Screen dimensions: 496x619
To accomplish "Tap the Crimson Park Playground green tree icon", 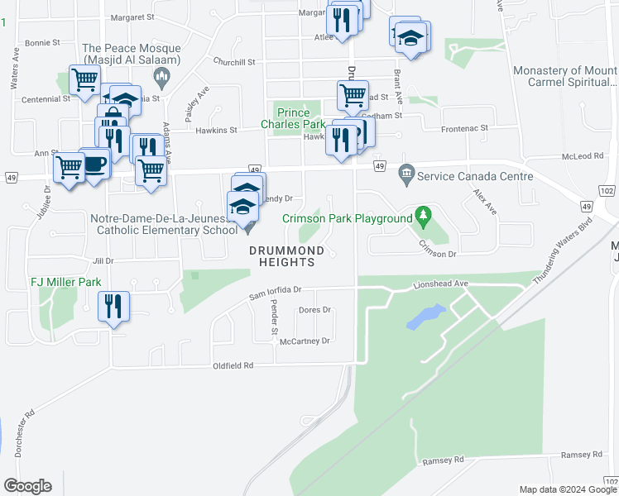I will tap(424, 217).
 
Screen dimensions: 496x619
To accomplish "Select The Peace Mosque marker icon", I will tap(161, 79).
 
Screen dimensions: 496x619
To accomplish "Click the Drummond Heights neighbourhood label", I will tap(282, 256).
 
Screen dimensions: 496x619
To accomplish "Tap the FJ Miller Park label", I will tap(66, 282).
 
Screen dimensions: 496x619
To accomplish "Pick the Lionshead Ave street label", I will tap(441, 284).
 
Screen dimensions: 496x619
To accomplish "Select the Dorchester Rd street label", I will tap(23, 434).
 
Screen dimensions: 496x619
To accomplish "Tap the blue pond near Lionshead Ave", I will tap(425, 316).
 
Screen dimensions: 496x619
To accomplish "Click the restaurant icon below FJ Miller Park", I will tap(113, 307).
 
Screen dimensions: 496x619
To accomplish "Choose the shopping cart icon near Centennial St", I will tap(84, 80).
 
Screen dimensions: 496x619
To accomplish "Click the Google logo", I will tap(27, 486).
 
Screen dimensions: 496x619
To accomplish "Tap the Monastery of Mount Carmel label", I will tap(564, 76).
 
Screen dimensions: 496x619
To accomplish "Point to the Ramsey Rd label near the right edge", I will tap(582, 455).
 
